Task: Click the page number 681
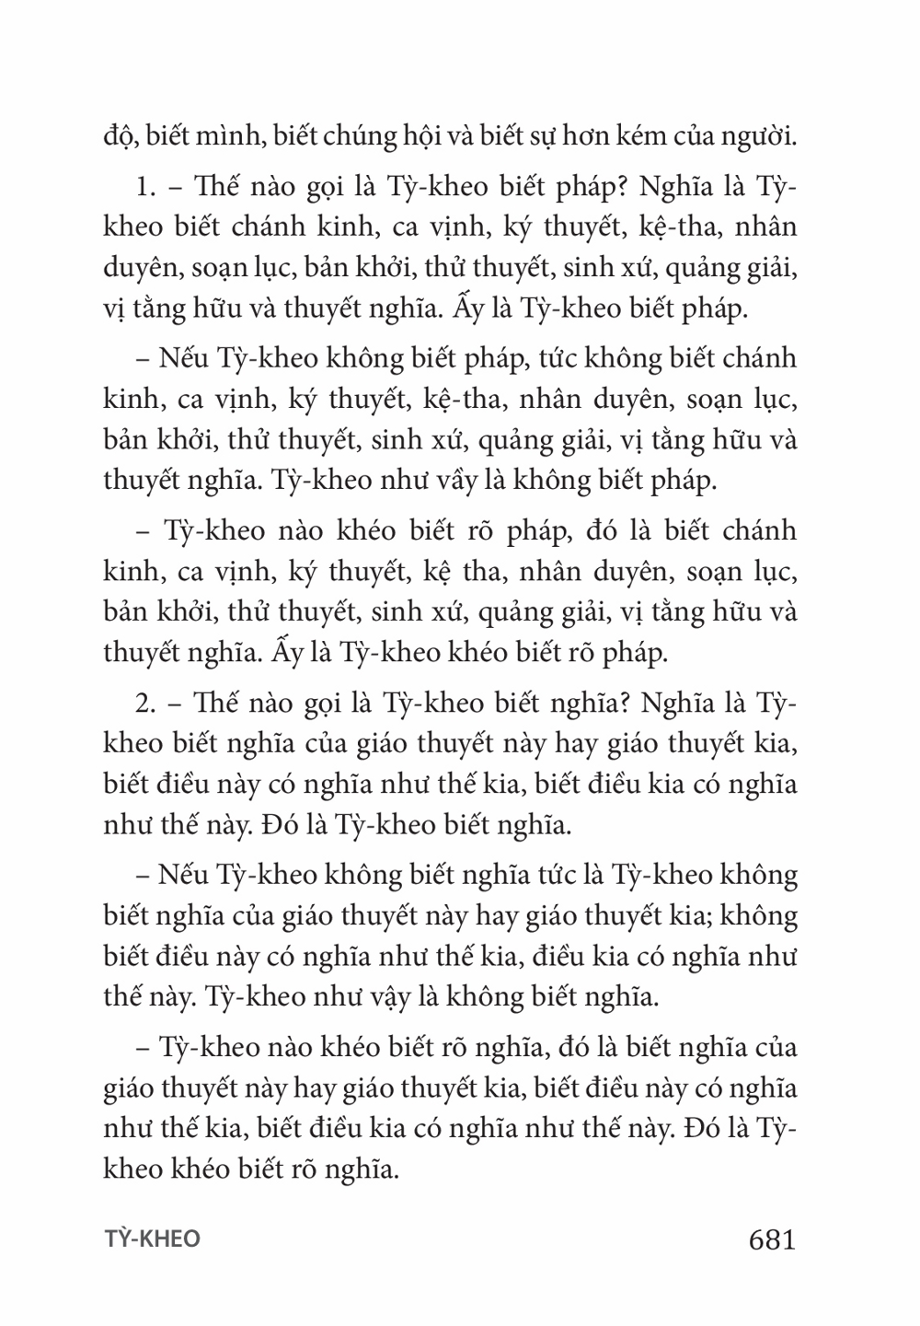(772, 1239)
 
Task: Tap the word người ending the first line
(760, 140)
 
